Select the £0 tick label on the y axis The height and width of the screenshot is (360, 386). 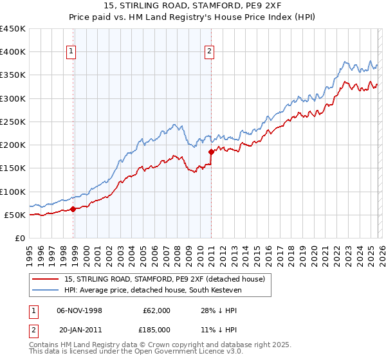(21, 238)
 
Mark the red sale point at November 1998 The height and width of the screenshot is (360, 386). (73, 208)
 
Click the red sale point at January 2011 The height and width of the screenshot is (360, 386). (211, 152)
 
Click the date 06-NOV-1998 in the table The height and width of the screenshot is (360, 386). (79, 310)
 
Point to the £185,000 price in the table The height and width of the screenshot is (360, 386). (157, 329)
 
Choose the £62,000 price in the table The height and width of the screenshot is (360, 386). (157, 310)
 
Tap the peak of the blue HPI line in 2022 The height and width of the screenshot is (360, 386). (345, 62)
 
